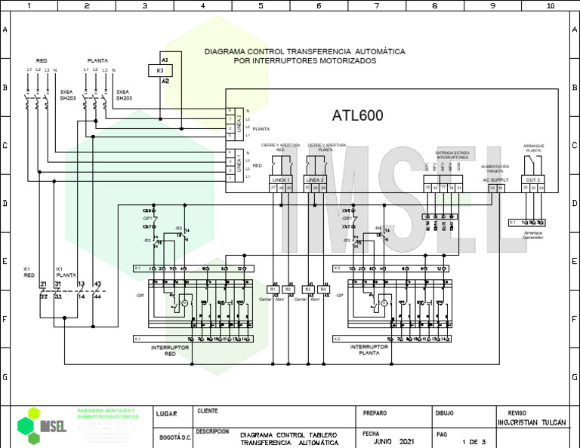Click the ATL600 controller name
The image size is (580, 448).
point(357,116)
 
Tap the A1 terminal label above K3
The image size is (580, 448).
point(165,58)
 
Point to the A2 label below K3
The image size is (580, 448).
point(165,81)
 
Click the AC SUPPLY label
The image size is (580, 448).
point(495,180)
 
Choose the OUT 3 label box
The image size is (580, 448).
point(533,180)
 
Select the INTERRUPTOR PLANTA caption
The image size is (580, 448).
point(369,350)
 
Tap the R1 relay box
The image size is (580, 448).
point(273,290)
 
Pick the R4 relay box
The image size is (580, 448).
point(323,290)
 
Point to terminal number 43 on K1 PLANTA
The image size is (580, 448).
point(97,284)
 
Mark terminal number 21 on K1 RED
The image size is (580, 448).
point(43,284)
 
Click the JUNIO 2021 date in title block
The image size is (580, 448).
point(394,440)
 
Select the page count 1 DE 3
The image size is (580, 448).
point(474,441)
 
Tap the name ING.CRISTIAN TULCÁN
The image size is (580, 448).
point(532,423)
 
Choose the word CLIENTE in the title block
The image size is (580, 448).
point(208,411)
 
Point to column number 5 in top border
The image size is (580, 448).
point(261,5)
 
